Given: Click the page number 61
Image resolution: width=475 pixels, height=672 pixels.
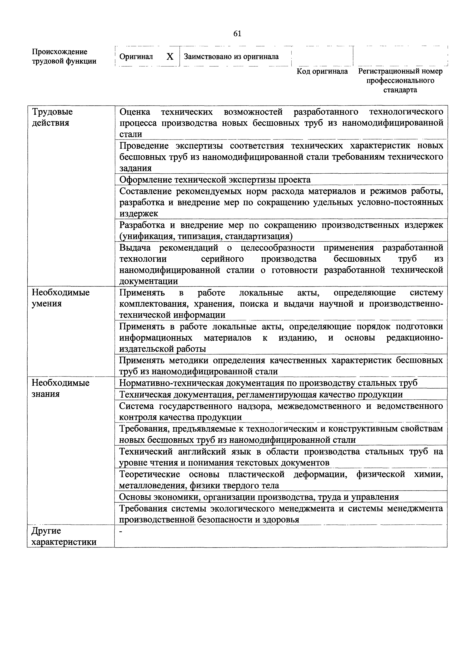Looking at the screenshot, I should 237,34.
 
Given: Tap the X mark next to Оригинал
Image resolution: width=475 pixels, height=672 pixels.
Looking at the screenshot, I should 170,57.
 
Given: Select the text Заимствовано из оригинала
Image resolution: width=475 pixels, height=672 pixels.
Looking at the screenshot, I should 231,57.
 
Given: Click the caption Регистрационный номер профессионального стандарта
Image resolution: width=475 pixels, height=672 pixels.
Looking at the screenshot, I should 400,80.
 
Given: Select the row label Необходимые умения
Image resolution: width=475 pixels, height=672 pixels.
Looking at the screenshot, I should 61,298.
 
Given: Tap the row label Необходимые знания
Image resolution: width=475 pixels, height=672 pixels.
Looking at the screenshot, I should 60,388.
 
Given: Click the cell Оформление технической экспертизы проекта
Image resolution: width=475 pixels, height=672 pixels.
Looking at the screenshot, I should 215,179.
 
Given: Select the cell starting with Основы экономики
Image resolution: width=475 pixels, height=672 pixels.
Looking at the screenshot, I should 259,497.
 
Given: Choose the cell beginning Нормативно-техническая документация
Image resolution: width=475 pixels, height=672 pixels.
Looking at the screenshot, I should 268,383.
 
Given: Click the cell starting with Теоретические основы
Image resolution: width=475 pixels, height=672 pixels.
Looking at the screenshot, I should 281,480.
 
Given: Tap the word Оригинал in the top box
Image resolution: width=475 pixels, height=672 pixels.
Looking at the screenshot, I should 136,57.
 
